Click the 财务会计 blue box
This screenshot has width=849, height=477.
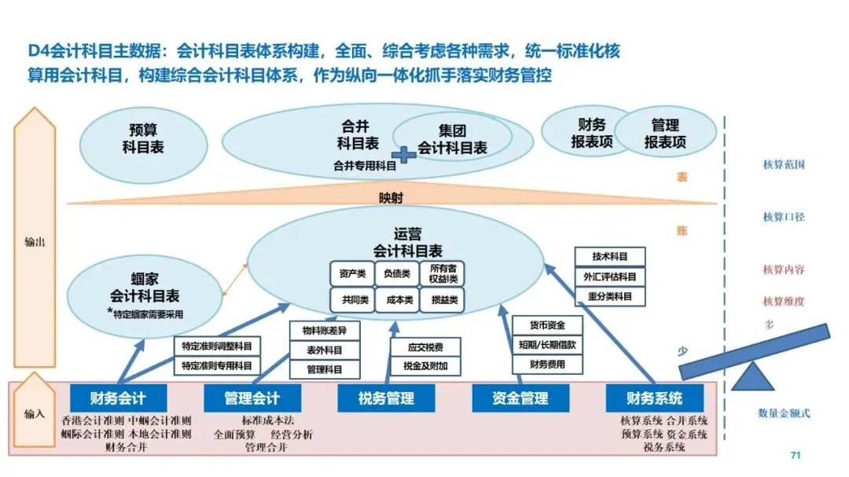118,398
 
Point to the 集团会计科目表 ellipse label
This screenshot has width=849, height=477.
452,139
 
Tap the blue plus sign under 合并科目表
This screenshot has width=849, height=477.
404,155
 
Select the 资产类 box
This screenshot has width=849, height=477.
351,273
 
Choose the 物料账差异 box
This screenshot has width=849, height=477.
324,330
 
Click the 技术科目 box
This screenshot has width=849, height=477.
610,257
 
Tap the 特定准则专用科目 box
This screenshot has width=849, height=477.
217,365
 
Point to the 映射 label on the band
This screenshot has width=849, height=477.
390,196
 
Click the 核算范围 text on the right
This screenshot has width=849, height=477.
784,165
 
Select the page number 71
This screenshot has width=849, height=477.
795,456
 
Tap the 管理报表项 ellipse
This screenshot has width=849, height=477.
665,134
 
